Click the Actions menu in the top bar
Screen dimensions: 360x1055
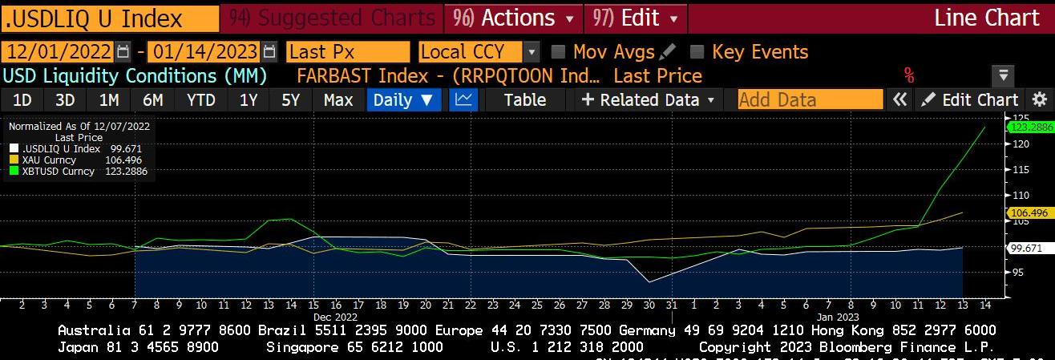coord(514,18)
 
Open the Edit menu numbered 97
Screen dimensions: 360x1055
coord(635,18)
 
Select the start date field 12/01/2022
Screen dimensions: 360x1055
coord(57,52)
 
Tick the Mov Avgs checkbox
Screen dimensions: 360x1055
coord(559,52)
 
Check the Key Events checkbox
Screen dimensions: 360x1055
coord(697,52)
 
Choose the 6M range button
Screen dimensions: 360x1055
coord(152,100)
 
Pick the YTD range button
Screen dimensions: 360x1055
coord(200,100)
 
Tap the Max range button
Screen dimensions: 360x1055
coord(338,100)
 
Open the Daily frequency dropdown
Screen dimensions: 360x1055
coord(403,100)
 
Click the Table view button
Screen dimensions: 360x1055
coord(525,100)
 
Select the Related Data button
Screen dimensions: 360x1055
coord(648,100)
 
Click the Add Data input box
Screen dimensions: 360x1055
coord(810,100)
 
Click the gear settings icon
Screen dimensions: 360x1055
coord(1040,100)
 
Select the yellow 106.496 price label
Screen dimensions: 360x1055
coord(1030,212)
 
